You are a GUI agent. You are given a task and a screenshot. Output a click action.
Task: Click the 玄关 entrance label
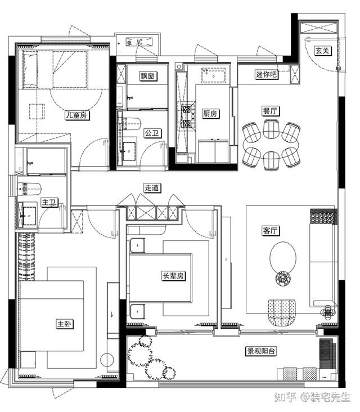322,51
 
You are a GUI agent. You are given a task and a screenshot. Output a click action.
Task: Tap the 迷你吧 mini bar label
266,74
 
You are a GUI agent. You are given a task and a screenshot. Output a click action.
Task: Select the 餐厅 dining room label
271,111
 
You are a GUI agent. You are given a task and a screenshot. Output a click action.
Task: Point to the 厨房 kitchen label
210,113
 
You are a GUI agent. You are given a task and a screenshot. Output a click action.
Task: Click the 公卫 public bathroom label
152,133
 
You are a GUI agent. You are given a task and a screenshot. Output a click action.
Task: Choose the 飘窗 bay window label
147,76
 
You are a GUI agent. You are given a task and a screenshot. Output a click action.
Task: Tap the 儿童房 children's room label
77,115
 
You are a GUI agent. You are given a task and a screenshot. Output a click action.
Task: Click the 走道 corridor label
152,188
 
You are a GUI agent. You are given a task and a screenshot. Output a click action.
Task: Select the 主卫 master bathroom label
49,202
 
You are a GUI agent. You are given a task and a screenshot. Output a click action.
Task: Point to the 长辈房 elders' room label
173,276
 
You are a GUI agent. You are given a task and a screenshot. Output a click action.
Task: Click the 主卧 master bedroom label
65,324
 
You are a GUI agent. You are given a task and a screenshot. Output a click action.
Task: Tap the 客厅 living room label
271,231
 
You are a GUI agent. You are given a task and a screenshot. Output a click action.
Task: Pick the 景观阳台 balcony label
261,351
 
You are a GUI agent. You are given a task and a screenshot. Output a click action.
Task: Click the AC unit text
139,42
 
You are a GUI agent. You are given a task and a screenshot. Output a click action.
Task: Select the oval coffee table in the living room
283,258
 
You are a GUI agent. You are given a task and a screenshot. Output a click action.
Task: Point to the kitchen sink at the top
214,75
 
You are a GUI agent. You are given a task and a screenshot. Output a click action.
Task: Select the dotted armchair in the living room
282,313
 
